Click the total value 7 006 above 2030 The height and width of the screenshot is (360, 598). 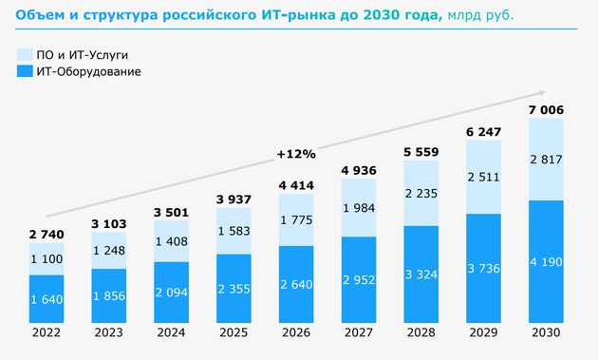[x=547, y=110]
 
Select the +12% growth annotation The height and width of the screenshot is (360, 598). [x=296, y=152]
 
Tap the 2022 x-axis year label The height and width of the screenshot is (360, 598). [x=47, y=333]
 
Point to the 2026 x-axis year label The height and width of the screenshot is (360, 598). [x=296, y=333]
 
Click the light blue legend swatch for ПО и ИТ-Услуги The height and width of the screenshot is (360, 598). [x=25, y=54]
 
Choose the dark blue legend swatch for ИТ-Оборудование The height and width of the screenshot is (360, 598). [x=25, y=71]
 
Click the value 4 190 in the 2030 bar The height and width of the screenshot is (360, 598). [x=547, y=260]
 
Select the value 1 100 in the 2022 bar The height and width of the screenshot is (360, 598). [x=47, y=259]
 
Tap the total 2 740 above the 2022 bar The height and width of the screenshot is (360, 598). [x=47, y=232]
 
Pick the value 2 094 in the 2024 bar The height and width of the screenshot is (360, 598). [x=172, y=291]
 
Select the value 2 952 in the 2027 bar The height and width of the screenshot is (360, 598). [x=359, y=279]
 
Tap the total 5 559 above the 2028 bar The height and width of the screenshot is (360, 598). [x=420, y=150]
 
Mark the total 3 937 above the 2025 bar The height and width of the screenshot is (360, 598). [x=234, y=199]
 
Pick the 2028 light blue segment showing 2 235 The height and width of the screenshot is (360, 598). [x=420, y=195]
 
